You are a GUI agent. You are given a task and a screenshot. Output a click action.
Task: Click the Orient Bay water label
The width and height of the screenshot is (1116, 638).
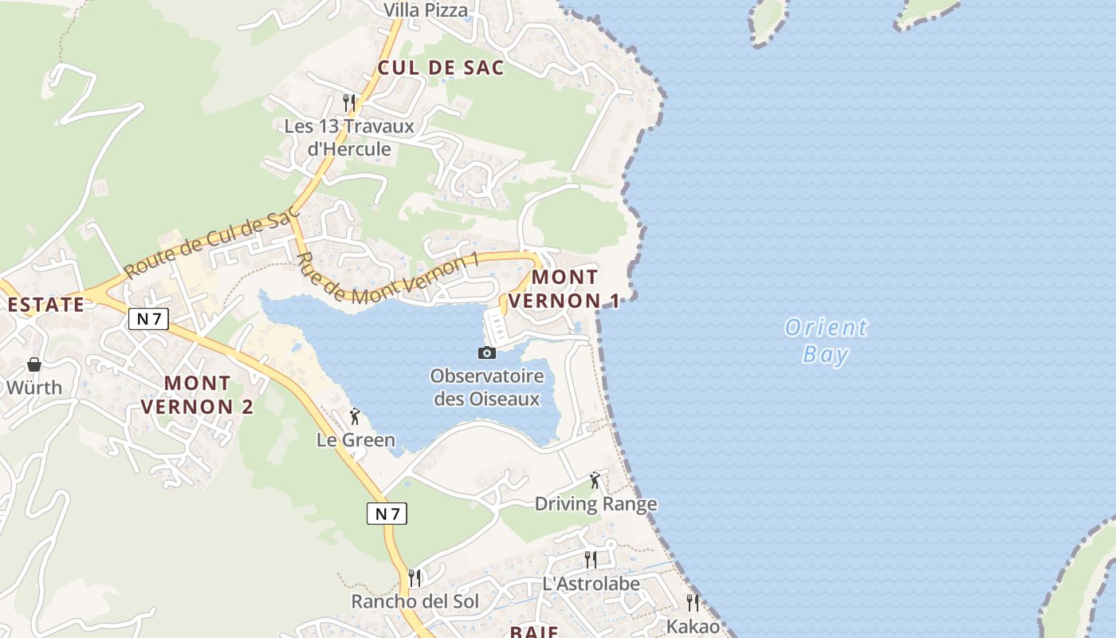pos(826,341)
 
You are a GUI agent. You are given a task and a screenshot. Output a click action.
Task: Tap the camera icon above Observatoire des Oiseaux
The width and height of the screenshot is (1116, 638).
pos(486,352)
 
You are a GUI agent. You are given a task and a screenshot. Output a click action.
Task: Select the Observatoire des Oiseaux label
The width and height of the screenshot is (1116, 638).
pos(487,388)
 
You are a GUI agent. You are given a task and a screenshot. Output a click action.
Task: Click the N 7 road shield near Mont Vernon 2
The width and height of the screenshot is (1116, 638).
pos(148,319)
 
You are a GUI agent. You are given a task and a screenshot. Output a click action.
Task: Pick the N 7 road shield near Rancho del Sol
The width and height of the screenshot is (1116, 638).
pos(387,514)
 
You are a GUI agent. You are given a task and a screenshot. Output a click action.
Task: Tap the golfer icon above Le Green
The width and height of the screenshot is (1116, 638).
pos(355,416)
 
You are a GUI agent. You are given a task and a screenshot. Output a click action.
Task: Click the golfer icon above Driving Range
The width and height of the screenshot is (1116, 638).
pos(595,480)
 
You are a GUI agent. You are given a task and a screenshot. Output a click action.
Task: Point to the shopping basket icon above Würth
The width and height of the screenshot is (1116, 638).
pos(34,365)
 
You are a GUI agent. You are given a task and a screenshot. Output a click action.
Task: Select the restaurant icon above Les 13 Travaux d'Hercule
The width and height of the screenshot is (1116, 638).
pos(348,102)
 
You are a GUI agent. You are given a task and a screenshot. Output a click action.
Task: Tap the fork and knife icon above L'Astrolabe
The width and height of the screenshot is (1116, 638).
pos(590,559)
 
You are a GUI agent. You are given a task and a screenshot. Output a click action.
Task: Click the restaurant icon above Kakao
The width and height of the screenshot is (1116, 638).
pos(693,602)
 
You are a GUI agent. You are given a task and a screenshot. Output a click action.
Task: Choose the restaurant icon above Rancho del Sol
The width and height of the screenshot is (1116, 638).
pos(415,577)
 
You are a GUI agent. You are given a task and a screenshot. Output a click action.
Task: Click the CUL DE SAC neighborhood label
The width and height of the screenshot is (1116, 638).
pos(441,68)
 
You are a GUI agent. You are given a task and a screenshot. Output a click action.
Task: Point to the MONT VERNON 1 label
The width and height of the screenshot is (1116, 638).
pos(564,289)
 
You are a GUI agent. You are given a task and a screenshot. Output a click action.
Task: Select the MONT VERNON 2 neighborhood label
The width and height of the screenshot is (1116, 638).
pos(197,395)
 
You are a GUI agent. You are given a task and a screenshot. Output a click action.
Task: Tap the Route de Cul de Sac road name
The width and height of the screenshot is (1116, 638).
pos(211,242)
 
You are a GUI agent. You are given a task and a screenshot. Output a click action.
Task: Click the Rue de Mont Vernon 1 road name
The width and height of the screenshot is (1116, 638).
pos(389,278)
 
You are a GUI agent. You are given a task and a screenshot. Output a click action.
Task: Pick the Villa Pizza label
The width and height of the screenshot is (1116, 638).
pos(426,10)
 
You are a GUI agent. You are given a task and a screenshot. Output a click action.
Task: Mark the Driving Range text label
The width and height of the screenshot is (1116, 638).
pos(595,504)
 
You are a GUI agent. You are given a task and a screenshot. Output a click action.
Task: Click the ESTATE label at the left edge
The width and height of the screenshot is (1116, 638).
pos(45,305)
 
